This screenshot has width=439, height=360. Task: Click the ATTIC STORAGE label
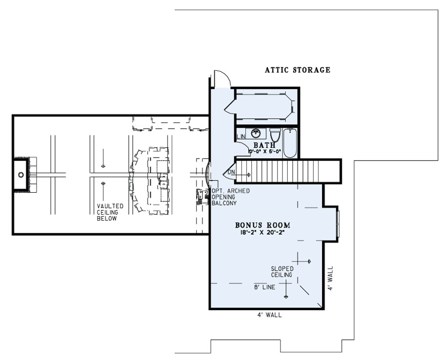tap(298, 70)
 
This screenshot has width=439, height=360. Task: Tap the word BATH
tap(264, 145)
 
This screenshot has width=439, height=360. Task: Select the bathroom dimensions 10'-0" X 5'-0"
tap(264, 152)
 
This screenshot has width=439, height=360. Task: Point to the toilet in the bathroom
tap(275, 134)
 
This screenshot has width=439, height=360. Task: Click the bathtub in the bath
tap(290, 142)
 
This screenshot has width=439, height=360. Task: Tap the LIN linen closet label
tap(240, 136)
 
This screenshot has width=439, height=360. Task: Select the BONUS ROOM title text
tap(262, 225)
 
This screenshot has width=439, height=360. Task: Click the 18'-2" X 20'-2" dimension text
tap(262, 233)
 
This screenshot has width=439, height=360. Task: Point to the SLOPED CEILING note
tap(283, 272)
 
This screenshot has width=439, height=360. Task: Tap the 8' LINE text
tap(264, 287)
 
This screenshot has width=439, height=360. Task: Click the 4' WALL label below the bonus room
tap(269, 315)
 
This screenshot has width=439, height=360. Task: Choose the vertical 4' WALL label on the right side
tap(330, 279)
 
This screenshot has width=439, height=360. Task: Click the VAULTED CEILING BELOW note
tap(107, 213)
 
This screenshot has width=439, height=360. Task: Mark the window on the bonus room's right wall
tap(338, 222)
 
